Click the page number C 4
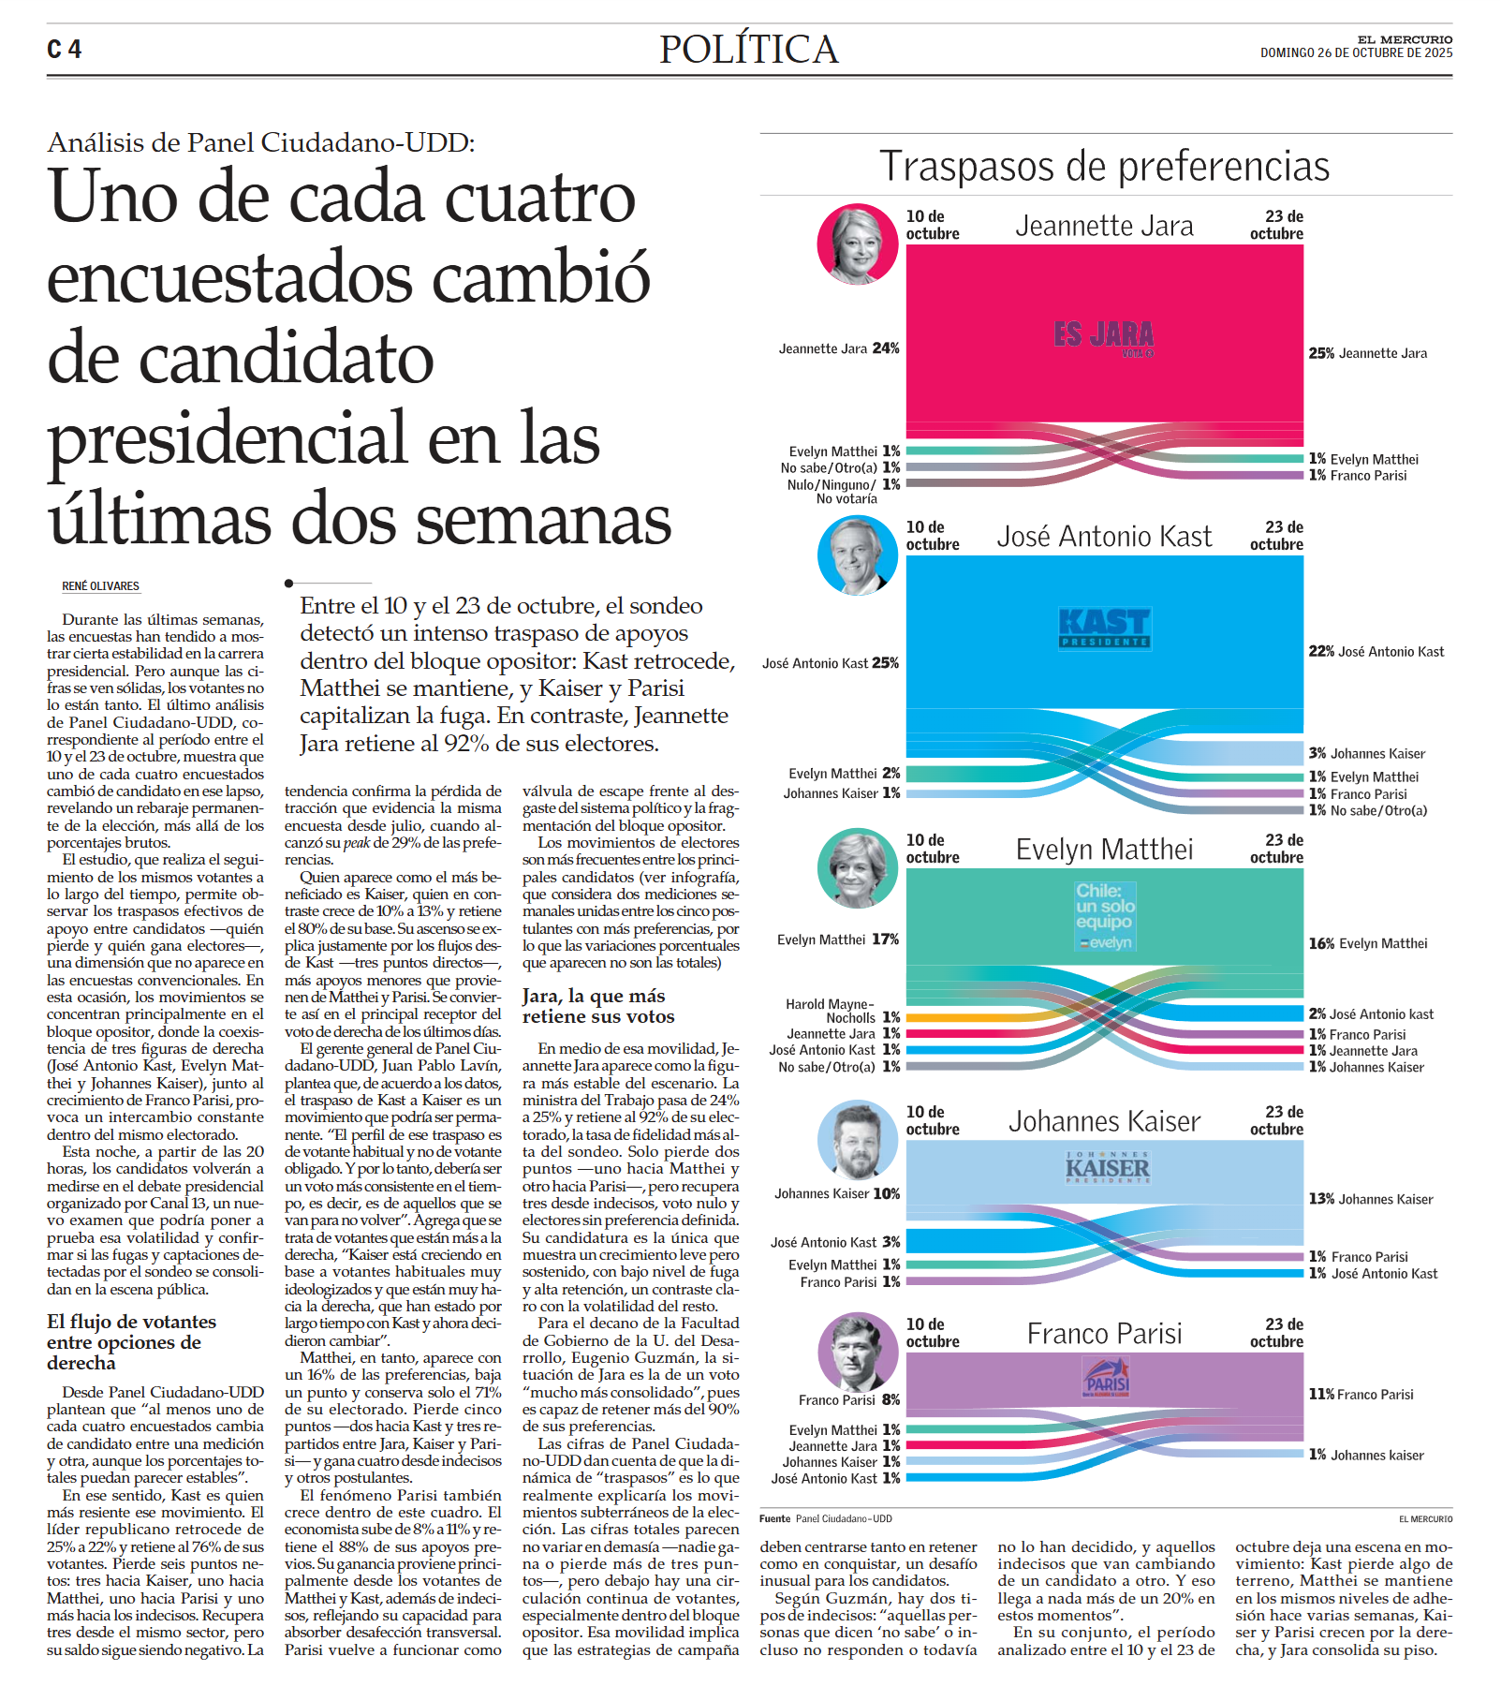pos(65,50)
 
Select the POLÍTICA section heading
pos(748,50)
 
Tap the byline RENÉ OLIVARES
pos(100,586)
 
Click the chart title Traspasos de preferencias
pos(1104,167)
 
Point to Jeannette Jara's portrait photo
pos(857,244)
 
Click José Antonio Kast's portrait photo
pos(857,555)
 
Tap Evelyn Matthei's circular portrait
pos(857,867)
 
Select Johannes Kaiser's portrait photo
pos(857,1140)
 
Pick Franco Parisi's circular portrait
pos(857,1352)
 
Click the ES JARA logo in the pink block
pos(1104,336)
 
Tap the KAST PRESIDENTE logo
pos(1104,628)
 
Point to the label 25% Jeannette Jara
pos(1367,353)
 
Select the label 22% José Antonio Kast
pos(1376,652)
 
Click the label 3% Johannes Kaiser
pos(1366,754)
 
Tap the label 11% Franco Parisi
pos(1361,1395)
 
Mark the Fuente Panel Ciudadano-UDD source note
pos(825,1518)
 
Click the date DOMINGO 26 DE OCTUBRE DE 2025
pos(1356,53)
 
